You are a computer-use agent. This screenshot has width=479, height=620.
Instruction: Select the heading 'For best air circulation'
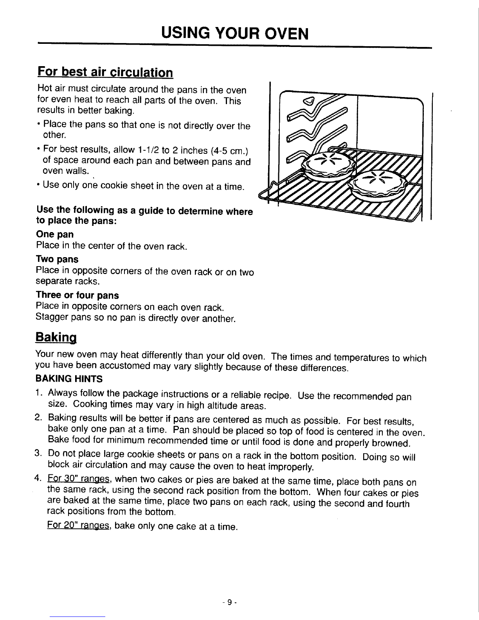coord(104,73)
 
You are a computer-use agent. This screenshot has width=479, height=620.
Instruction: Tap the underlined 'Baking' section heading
coord(55,337)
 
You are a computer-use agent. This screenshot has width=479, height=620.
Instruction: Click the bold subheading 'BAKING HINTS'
coord(69,379)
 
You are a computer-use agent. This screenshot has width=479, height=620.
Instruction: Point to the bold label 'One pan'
coord(54,234)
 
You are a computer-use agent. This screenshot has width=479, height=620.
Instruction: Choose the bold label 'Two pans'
coord(57,260)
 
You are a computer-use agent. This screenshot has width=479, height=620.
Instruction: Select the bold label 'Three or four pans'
coord(77,295)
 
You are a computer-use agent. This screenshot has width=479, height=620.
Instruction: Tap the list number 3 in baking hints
coord(38,454)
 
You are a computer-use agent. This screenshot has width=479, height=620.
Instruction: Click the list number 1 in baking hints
coord(38,393)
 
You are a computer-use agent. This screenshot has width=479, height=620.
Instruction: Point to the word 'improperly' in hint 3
coord(289,467)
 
